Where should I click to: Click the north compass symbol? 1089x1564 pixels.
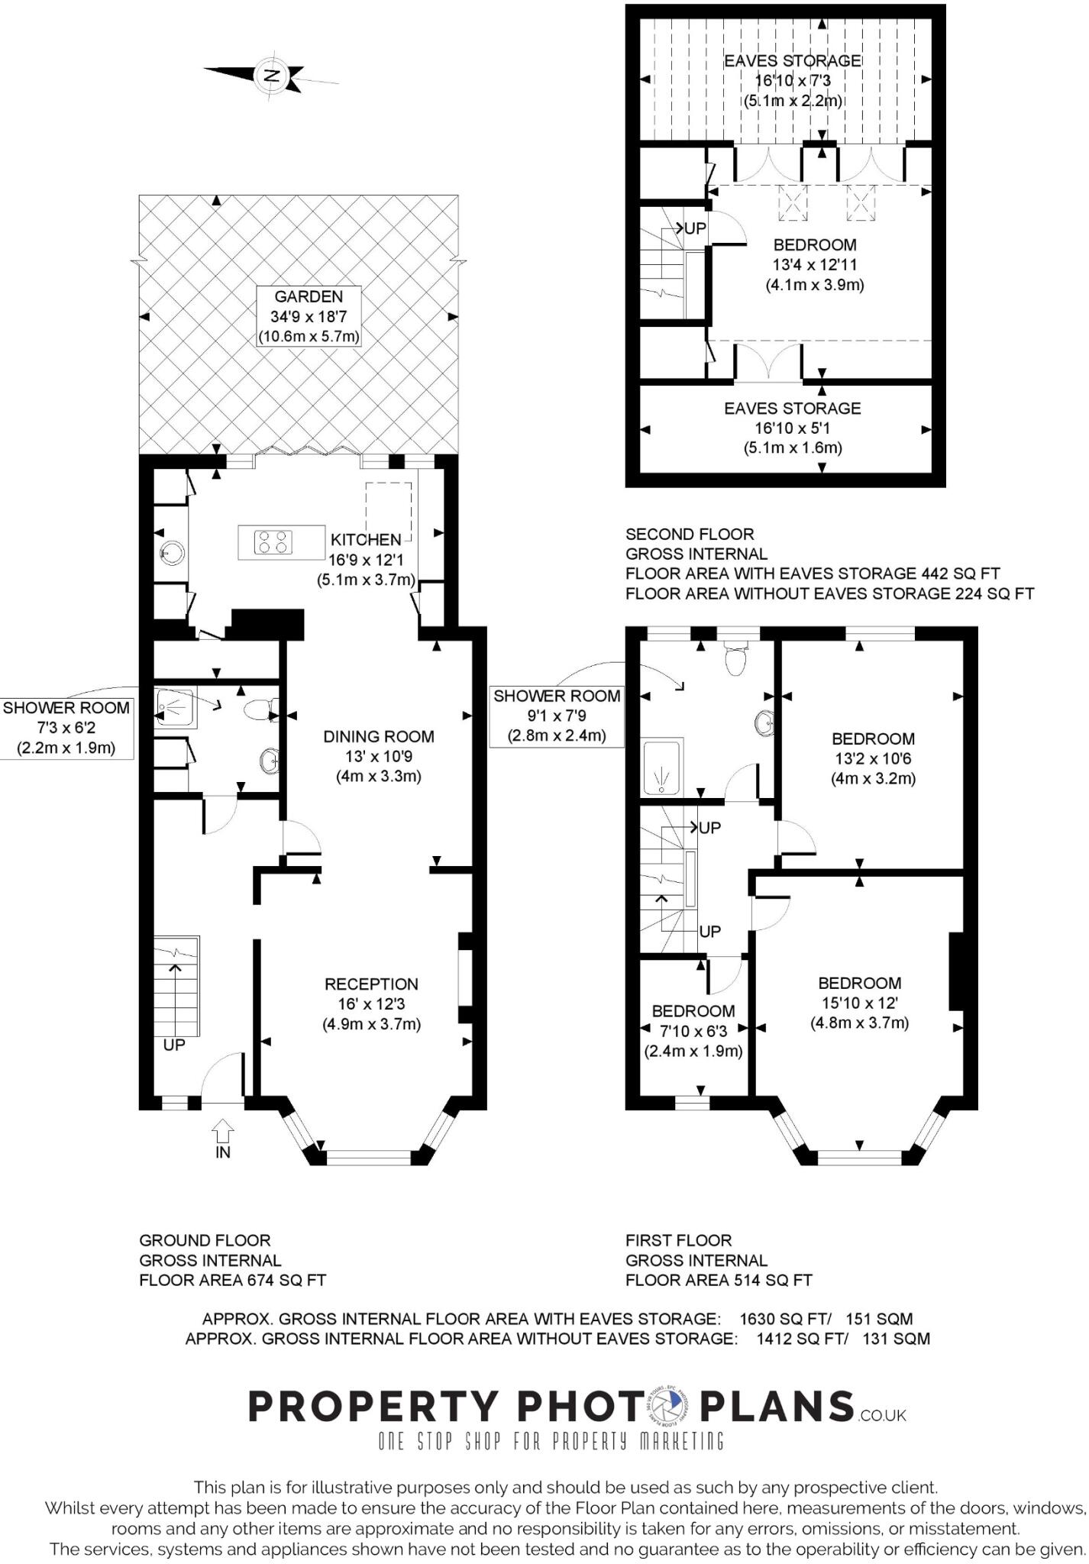coord(271,76)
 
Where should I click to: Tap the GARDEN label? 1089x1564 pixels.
coord(309,296)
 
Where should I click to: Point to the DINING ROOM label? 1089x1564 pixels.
coord(379,737)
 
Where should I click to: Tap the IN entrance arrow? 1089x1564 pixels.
coord(223,1129)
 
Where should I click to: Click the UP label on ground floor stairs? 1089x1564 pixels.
coord(174,1045)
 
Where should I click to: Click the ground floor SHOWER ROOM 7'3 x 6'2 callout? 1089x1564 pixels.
coord(66,728)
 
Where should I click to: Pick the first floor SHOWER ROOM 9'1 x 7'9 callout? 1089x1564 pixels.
coord(556,716)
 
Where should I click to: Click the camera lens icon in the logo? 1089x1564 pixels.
coord(671,1406)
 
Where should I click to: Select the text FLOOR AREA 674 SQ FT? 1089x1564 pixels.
coord(233,1280)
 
